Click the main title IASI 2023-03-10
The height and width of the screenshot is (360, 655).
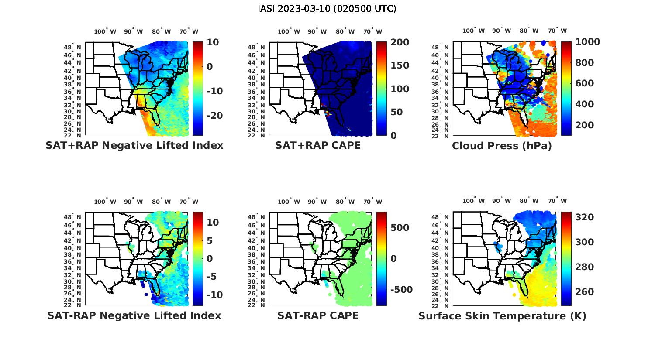(327, 9)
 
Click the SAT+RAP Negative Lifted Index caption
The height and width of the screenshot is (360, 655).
(134, 145)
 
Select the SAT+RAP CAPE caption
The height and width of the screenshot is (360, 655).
(318, 145)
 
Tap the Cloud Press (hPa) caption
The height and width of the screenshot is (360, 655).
(502, 146)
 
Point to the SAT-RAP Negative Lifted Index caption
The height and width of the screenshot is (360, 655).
(134, 315)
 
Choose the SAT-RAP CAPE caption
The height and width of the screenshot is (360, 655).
(318, 315)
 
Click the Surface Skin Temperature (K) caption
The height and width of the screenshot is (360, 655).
(502, 316)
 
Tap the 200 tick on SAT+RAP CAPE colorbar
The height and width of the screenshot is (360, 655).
(400, 42)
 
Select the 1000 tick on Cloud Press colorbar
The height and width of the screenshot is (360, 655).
(587, 42)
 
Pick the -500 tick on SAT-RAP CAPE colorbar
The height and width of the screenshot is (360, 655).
(400, 290)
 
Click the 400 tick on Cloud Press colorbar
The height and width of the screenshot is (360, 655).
(585, 104)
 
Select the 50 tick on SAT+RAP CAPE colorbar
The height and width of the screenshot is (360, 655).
(396, 112)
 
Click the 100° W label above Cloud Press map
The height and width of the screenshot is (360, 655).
(474, 31)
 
